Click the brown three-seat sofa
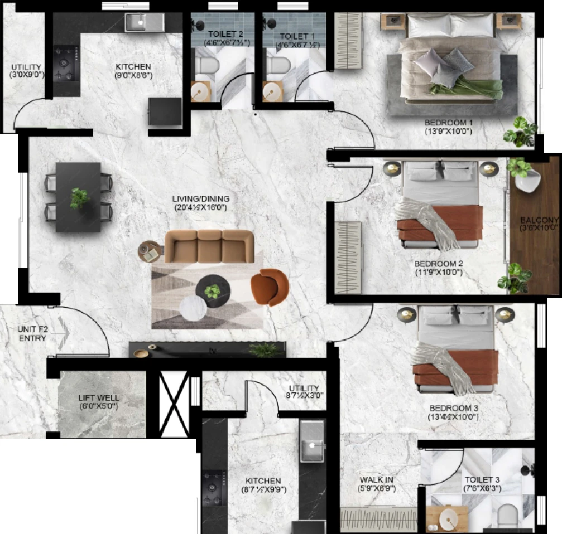click(209, 246)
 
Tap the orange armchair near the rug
click(270, 287)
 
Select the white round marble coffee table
click(193, 308)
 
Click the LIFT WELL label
click(99, 401)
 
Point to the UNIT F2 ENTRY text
click(32, 333)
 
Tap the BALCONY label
click(540, 224)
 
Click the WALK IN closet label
click(376, 484)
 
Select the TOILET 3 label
click(482, 484)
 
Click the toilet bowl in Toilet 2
click(207, 65)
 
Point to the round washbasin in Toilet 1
click(272, 91)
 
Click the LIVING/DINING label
click(201, 203)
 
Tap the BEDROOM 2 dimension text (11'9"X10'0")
click(439, 273)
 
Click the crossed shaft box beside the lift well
click(174, 404)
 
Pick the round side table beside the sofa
click(149, 251)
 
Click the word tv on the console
click(213, 352)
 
